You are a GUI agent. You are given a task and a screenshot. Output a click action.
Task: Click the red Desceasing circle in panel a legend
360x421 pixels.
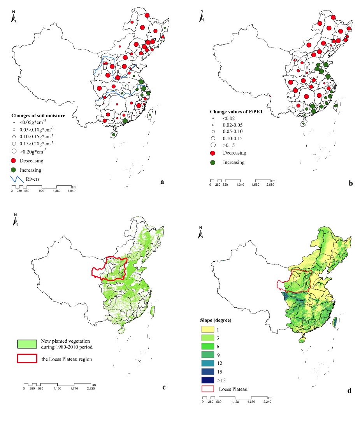14,160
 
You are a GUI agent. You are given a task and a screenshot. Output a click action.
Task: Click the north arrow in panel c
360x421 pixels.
15,220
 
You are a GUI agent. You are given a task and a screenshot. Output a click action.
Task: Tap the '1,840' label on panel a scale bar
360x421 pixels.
71,191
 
